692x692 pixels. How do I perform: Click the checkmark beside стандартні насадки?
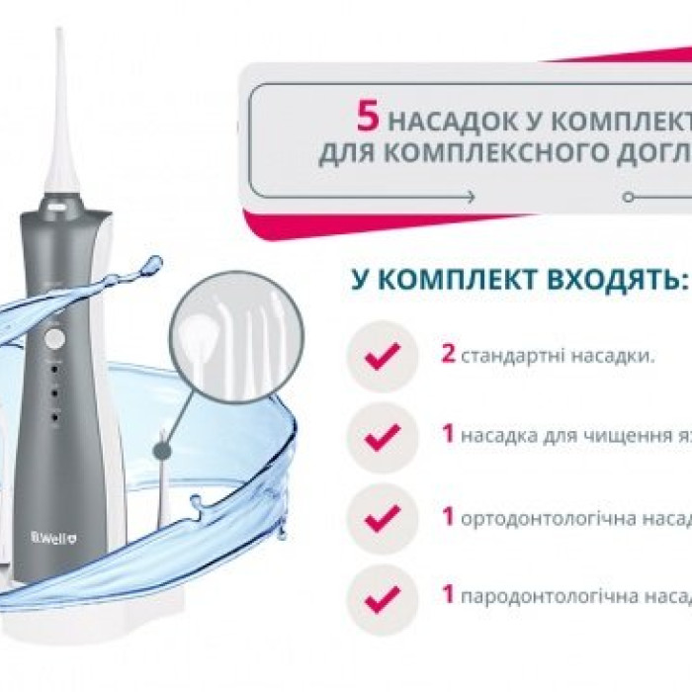(x=382, y=355)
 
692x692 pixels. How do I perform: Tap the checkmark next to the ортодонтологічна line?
(x=382, y=515)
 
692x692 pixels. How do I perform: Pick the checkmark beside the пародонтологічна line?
(x=382, y=596)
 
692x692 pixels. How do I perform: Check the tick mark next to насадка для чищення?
(x=382, y=435)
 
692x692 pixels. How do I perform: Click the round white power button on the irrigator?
(x=55, y=339)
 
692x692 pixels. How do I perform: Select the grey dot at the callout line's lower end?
(x=161, y=451)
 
